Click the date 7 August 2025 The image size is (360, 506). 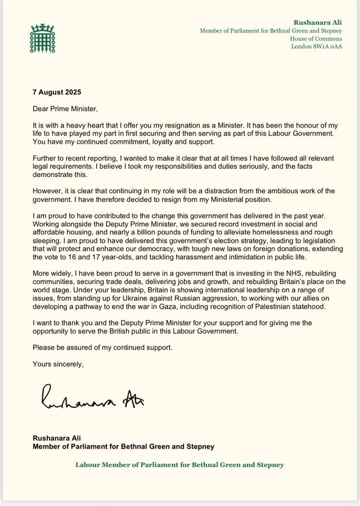tap(56, 91)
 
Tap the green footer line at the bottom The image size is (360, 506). tap(180, 465)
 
